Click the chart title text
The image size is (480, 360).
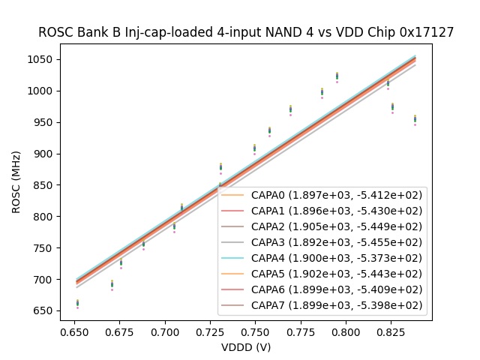coord(246,32)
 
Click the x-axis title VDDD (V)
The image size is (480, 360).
coord(246,347)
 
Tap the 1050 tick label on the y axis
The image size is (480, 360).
coord(42,60)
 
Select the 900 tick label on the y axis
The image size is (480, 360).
coord(45,154)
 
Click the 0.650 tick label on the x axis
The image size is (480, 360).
coord(74,331)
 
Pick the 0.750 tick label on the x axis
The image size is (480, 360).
coord(254,331)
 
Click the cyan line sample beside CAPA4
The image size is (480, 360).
coord(232,258)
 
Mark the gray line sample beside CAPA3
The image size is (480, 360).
coord(232,242)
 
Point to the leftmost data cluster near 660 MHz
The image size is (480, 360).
coord(77,303)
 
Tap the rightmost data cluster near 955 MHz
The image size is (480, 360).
coord(415,119)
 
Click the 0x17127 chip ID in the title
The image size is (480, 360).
coord(427,32)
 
